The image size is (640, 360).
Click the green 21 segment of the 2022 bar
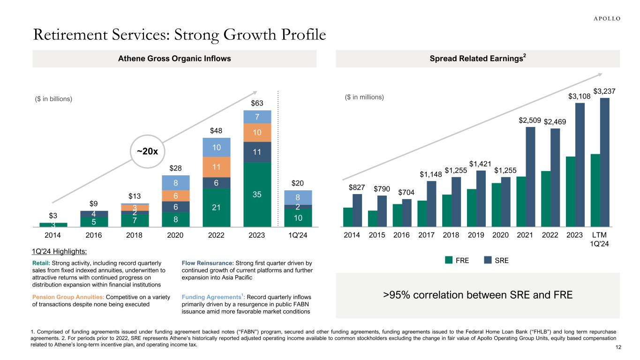217,207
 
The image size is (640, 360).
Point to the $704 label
407,192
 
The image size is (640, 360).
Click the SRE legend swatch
489,260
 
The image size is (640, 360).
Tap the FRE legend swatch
449,260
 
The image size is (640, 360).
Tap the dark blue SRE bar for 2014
357,210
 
